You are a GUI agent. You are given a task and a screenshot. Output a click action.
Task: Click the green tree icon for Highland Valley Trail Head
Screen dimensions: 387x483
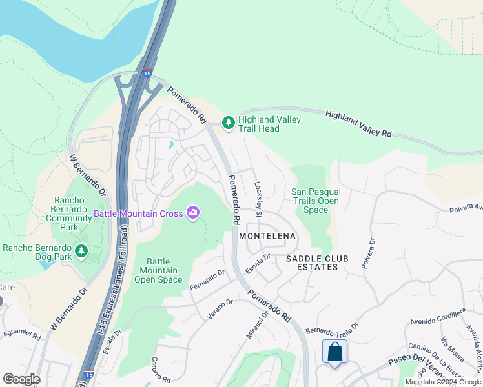coord(228,122)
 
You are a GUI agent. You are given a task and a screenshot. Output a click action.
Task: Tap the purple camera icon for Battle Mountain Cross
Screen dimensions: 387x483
coord(192,212)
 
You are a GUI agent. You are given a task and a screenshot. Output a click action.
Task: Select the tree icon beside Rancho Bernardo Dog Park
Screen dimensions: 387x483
coord(81,250)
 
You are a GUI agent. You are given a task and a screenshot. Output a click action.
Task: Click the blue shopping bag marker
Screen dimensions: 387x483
coord(334,353)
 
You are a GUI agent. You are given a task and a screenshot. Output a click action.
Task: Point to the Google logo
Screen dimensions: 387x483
coord(21,379)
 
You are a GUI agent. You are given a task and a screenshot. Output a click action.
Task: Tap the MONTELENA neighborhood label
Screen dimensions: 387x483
coord(267,236)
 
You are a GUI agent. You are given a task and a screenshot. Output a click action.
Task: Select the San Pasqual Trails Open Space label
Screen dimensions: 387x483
coord(316,201)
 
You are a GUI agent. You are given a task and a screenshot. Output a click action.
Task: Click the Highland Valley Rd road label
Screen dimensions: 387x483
coord(358,123)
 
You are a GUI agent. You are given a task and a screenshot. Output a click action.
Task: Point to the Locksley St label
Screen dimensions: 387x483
coord(258,199)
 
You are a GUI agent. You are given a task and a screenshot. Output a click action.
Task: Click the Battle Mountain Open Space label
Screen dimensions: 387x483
coord(158,270)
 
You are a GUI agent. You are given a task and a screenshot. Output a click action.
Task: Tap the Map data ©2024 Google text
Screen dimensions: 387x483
coord(443,382)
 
